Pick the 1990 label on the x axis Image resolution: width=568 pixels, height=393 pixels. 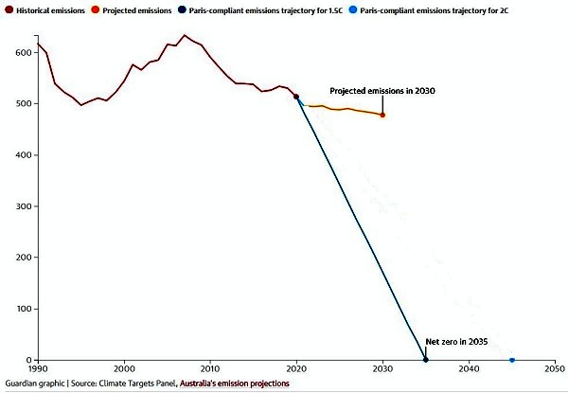coord(38,370)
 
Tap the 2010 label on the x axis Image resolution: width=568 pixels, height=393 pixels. coord(210,370)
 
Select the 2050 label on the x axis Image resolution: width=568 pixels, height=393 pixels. coord(556,370)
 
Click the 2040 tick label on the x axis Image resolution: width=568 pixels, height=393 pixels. coord(470,370)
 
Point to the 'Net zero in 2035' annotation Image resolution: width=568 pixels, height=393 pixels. coord(457,341)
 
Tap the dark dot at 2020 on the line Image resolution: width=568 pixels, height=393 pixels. coord(296,97)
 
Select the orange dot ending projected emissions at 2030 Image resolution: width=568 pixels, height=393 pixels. coord(382,115)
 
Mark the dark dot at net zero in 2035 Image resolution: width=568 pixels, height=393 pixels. coord(426,360)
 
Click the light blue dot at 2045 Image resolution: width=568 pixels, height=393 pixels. coord(512,360)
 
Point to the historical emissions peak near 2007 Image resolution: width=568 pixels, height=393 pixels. coord(185,36)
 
